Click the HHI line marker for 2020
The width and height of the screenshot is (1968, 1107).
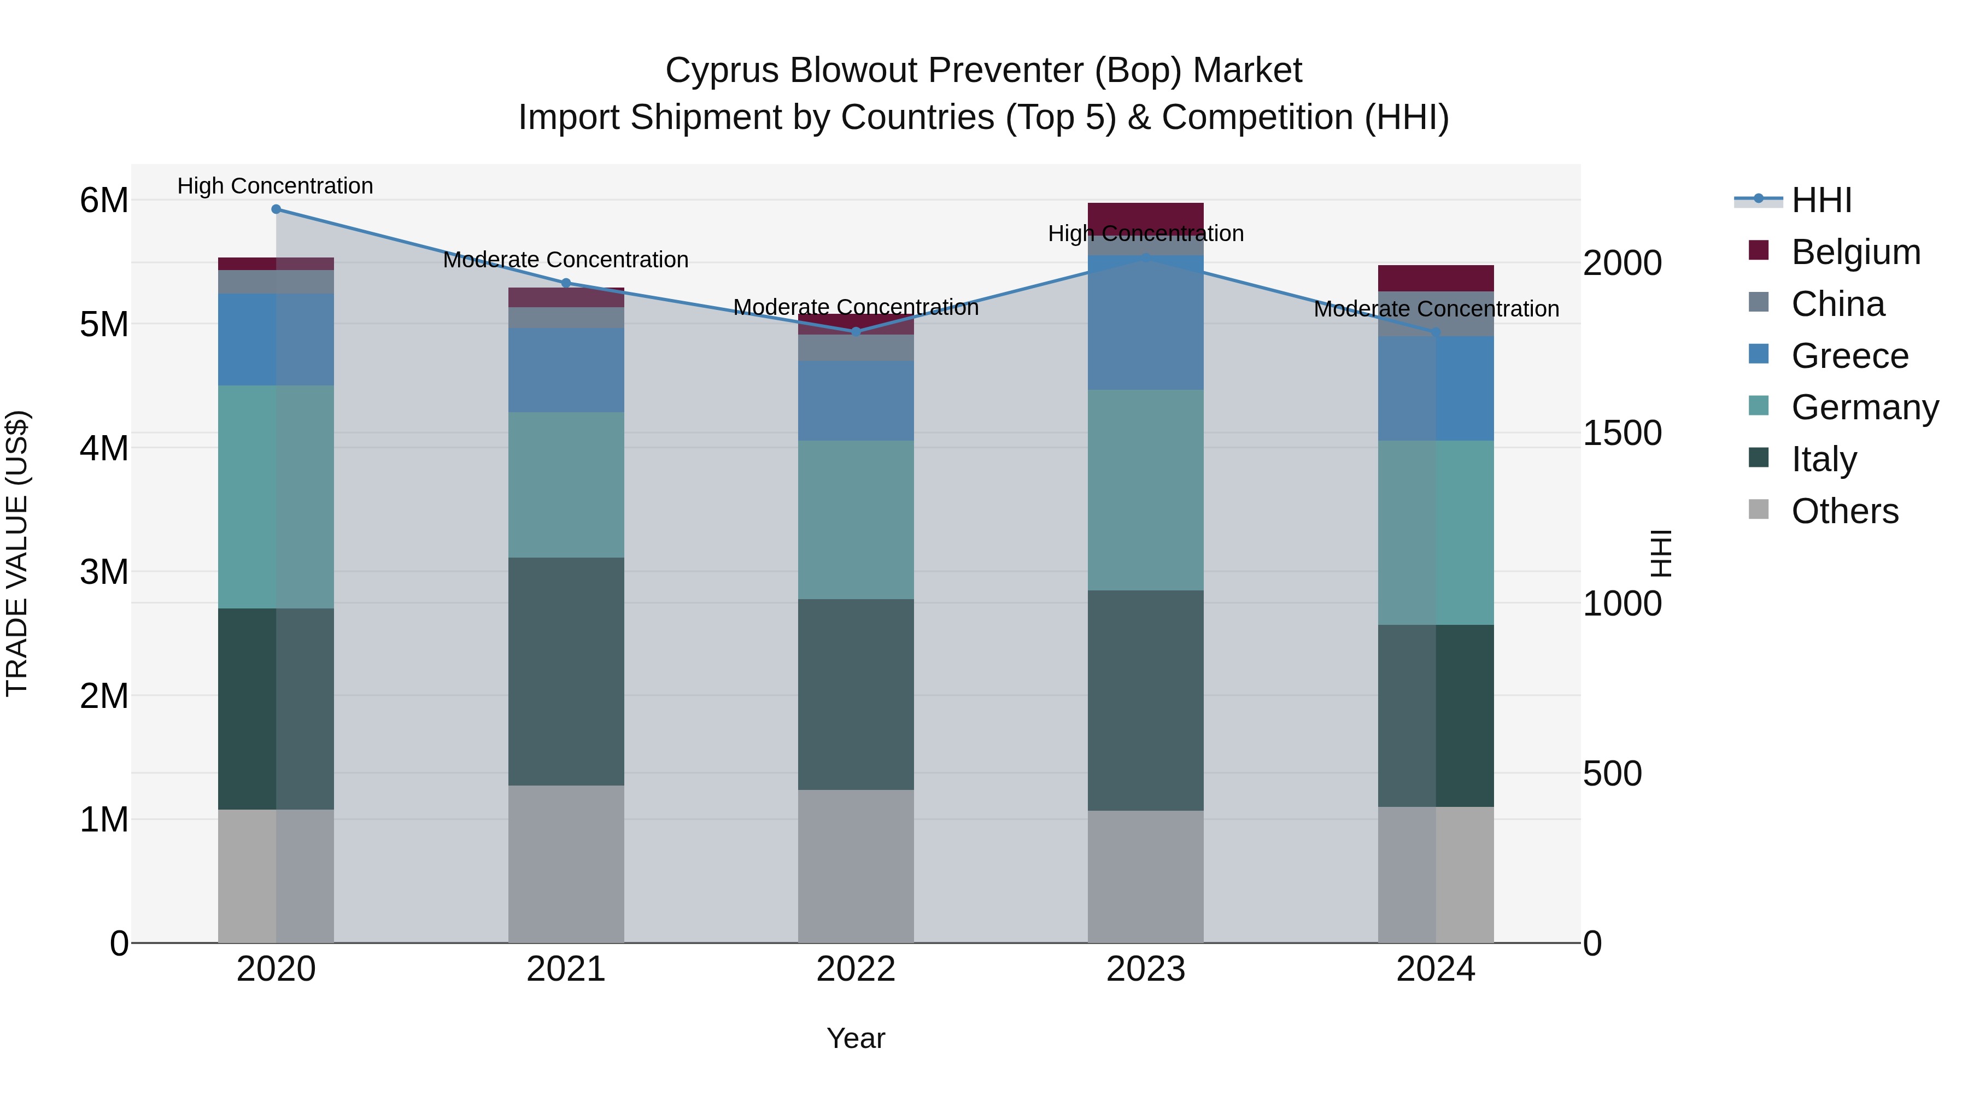276,209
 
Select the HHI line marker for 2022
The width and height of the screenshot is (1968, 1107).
856,332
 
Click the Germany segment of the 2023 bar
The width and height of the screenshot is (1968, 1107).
1145,490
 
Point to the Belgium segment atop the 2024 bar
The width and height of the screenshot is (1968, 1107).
1436,278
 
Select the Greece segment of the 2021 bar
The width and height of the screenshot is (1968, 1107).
566,371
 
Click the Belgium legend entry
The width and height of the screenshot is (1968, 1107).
1855,252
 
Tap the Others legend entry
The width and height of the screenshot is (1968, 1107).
1844,511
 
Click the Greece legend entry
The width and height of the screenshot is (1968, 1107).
1849,356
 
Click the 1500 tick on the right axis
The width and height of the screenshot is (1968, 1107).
1622,433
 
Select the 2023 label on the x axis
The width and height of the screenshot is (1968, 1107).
1145,969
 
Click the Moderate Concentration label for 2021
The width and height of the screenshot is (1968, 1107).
565,260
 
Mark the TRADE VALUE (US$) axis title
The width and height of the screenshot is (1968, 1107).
17,553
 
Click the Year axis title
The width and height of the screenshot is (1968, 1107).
856,1038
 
